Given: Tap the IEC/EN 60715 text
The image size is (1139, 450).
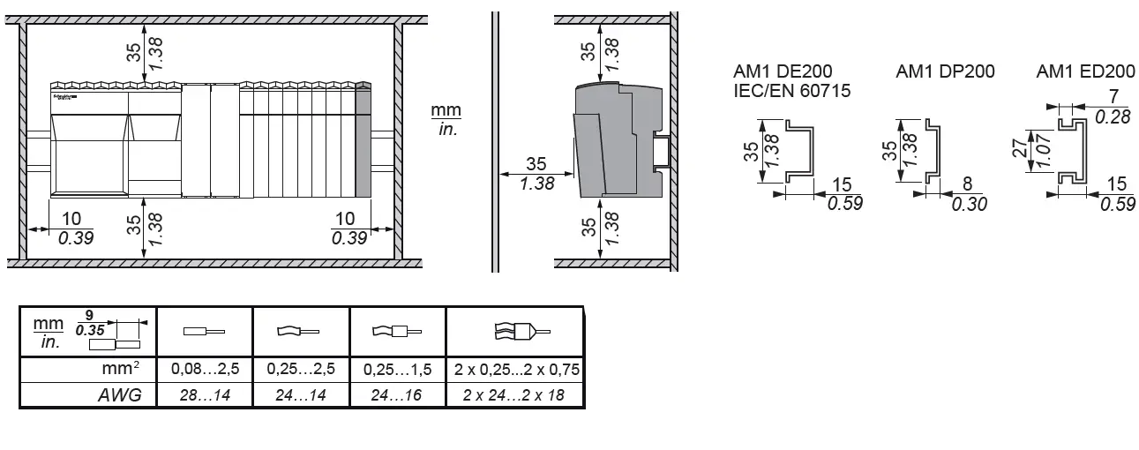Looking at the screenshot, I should [x=791, y=90].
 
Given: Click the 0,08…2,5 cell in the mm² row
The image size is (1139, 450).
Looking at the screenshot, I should [x=205, y=370].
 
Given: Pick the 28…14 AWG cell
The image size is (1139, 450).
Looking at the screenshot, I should [x=205, y=395].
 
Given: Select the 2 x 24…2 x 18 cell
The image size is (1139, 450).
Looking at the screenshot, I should [x=515, y=395].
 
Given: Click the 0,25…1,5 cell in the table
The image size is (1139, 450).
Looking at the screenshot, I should [x=398, y=370].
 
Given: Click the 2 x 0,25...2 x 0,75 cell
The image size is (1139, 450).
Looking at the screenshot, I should [x=515, y=370].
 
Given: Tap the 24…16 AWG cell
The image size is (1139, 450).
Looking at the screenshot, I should [x=398, y=395].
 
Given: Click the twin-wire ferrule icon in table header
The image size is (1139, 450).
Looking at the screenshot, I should [x=515, y=332].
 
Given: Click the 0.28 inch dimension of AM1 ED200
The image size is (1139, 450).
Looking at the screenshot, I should [x=1112, y=116].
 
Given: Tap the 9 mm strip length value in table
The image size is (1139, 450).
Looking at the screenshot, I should [x=89, y=315].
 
